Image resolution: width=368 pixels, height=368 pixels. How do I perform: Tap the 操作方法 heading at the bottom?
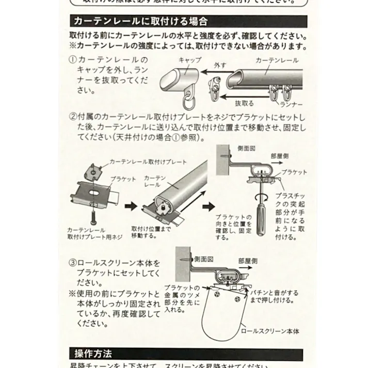click(x=93, y=354)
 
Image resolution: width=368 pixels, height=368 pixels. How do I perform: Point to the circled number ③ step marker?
click(x=73, y=263)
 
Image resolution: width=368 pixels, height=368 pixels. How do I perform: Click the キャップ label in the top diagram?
click(x=189, y=60)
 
